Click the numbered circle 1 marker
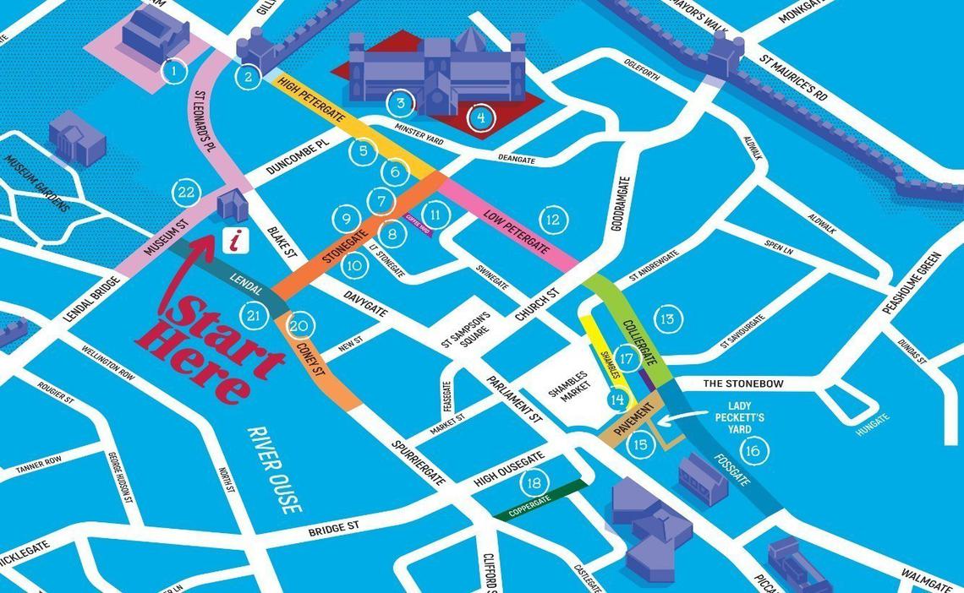173,70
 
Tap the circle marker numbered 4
480,117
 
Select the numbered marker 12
551,220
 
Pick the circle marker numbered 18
533,483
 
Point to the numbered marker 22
185,192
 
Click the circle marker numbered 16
752,450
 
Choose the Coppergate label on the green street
529,503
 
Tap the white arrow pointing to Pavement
676,419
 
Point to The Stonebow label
743,384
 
